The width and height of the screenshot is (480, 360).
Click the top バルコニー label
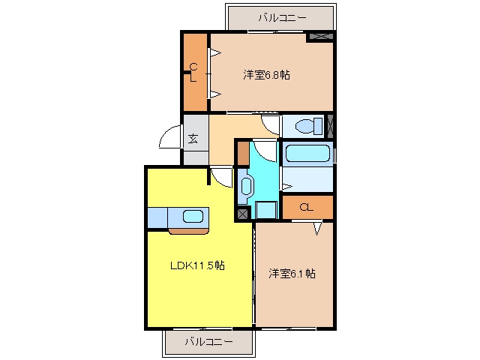[x=282, y=18]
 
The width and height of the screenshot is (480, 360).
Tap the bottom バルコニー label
[x=208, y=341]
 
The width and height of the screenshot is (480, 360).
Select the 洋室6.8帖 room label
[x=266, y=75]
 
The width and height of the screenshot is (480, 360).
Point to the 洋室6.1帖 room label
[x=292, y=273]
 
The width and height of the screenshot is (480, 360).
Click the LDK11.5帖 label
[x=197, y=265]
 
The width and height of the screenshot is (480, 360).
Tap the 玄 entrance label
[x=193, y=139]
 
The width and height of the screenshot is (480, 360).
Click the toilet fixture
[x=308, y=126]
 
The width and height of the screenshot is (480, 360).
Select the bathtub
[x=307, y=153]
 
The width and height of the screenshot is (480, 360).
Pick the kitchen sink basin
[x=193, y=217]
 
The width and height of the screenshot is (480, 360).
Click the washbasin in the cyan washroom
[x=246, y=186]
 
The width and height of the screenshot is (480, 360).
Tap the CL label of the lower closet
[x=306, y=208]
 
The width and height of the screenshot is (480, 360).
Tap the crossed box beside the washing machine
[x=243, y=214]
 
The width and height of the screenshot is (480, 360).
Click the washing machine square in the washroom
[x=266, y=210]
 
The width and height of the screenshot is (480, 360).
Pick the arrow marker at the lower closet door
[x=317, y=229]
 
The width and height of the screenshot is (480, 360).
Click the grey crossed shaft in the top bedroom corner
[x=321, y=37]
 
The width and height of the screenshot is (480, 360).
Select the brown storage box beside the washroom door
[x=243, y=153]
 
